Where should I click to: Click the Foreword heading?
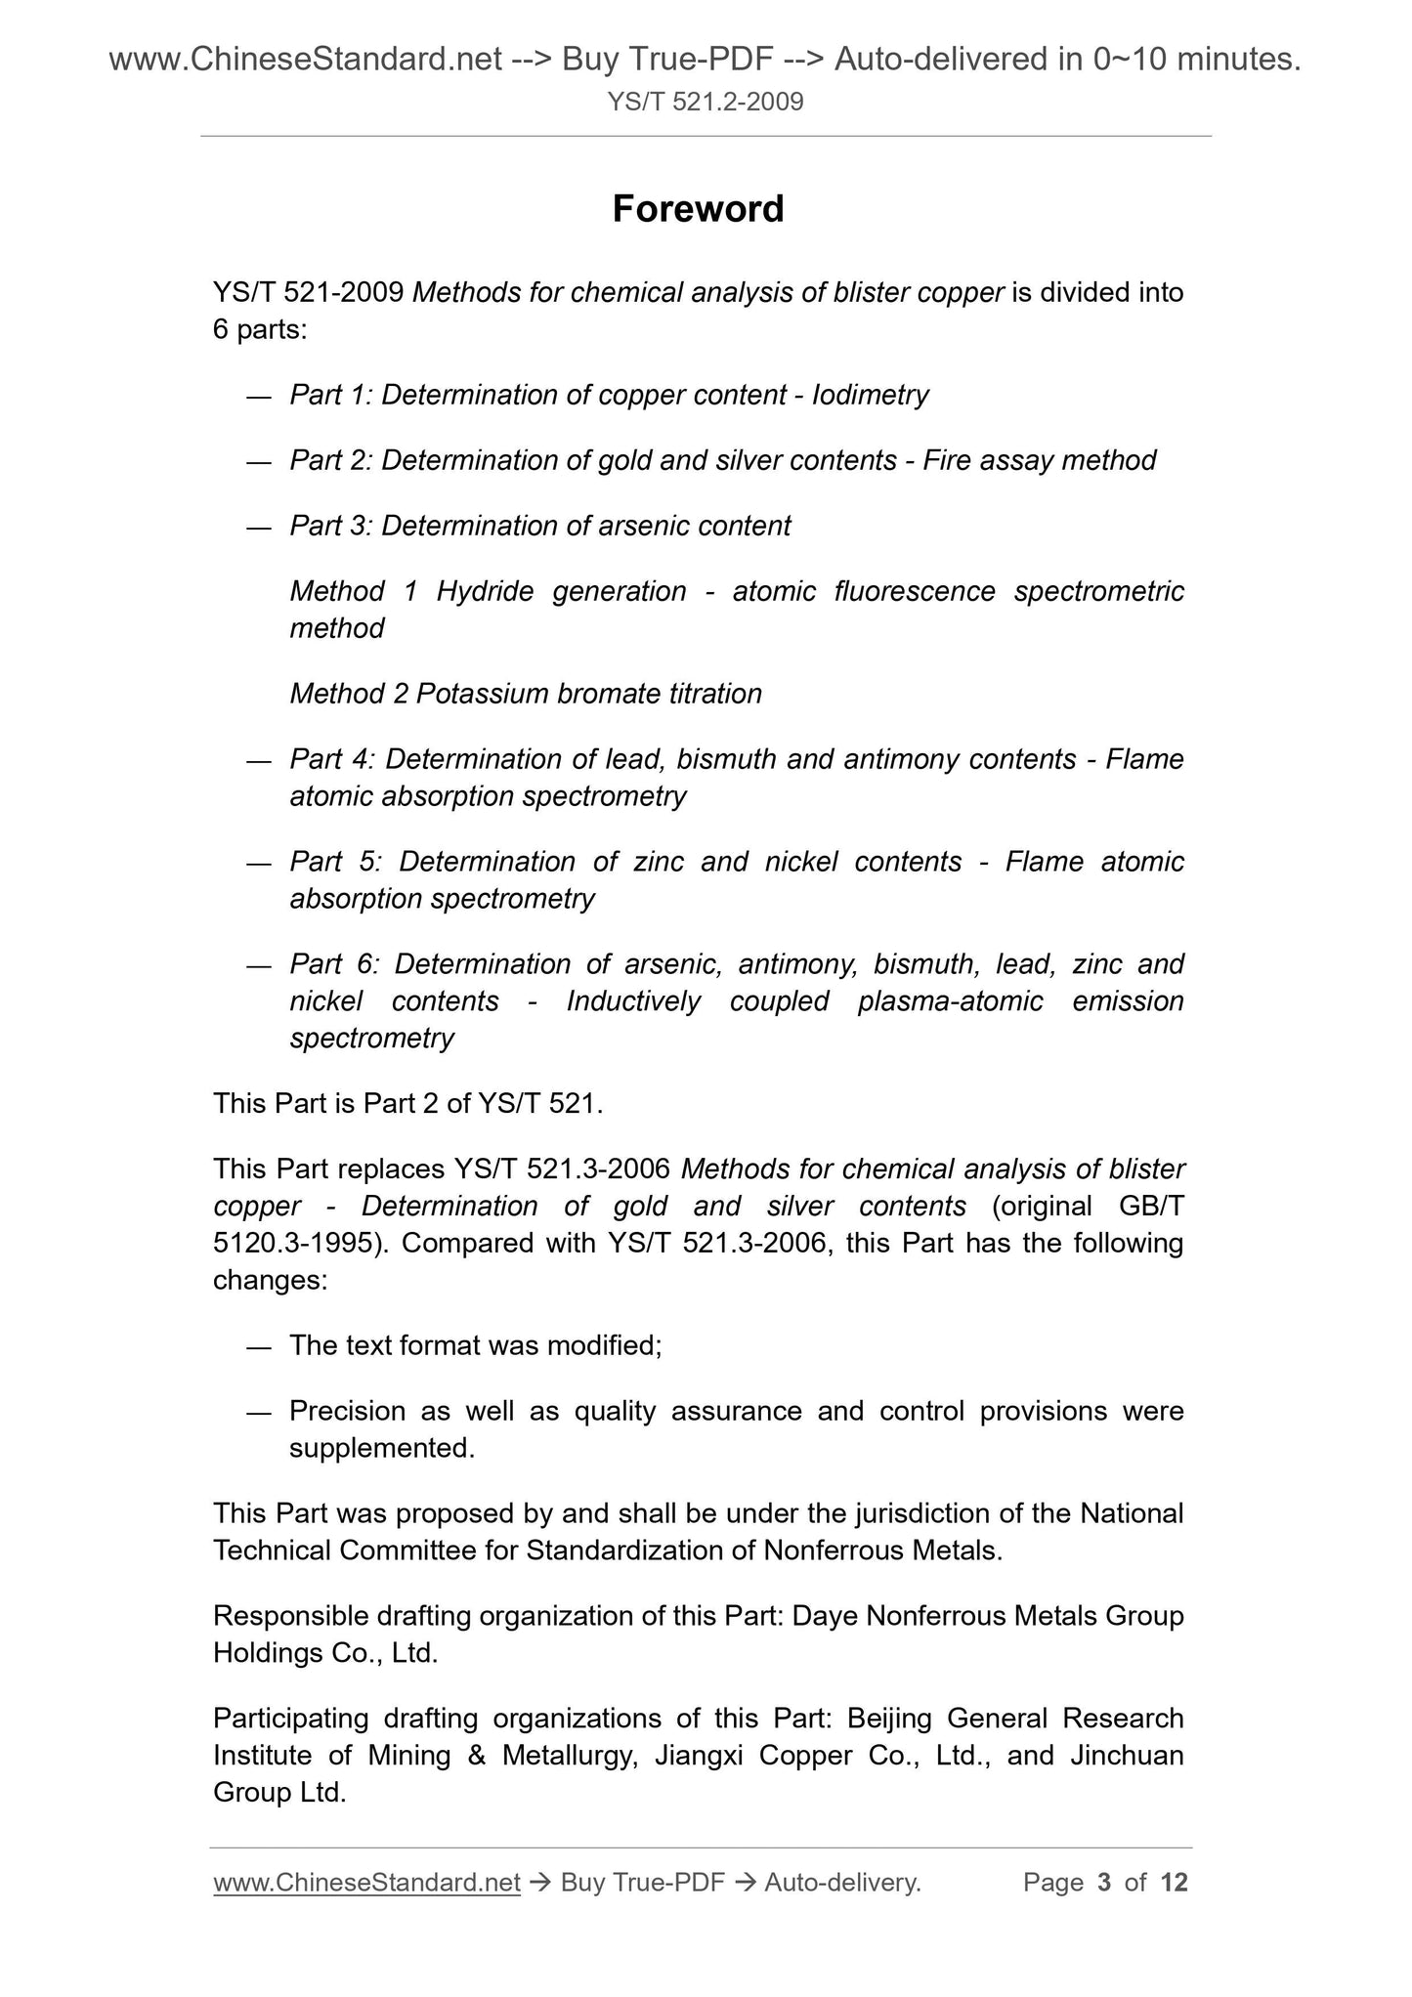(698, 209)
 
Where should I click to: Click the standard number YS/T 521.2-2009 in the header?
(705, 101)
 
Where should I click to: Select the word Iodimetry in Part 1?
(870, 395)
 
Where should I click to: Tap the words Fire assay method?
(1039, 460)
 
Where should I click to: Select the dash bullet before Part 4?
(258, 760)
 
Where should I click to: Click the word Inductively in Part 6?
(633, 1001)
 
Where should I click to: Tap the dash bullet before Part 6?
(258, 965)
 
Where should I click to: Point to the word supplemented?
(381, 1448)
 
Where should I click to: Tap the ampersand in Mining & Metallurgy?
(477, 1756)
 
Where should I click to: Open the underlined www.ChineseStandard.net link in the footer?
(366, 1882)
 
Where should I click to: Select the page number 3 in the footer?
(1104, 1882)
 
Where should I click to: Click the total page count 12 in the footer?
(1174, 1882)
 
